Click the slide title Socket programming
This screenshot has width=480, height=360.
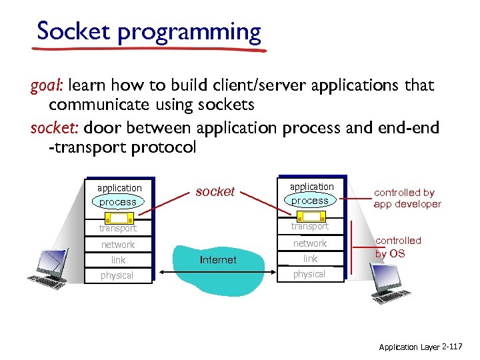click(149, 31)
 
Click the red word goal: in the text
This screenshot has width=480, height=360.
click(47, 85)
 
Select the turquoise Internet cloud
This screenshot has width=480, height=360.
click(218, 259)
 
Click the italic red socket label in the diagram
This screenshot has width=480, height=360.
click(215, 191)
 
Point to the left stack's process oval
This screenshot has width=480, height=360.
click(117, 202)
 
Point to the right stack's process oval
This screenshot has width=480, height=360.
click(309, 201)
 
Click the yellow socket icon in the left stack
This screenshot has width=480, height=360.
click(119, 218)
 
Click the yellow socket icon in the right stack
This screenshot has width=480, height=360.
click(310, 217)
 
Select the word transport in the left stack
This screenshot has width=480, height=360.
click(117, 229)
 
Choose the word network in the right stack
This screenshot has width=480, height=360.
click(310, 243)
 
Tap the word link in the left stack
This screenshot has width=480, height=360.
click(118, 260)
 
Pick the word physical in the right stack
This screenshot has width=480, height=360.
click(309, 274)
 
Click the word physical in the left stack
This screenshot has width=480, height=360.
click(117, 275)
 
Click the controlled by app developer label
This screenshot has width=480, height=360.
click(407, 198)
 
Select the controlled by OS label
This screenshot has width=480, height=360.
click(398, 247)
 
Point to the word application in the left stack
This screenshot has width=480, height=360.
click(119, 188)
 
